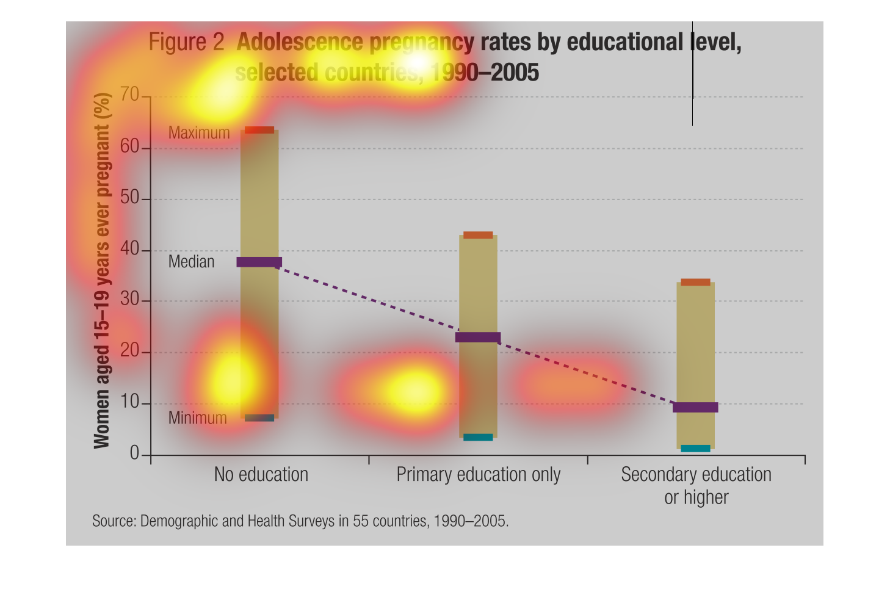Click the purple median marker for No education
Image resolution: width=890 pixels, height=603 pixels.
pyautogui.click(x=259, y=262)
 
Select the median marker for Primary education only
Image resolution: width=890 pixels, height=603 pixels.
pyautogui.click(x=478, y=338)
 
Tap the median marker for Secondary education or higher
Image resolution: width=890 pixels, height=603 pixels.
pyautogui.click(x=695, y=408)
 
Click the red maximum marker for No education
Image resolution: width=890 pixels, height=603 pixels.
pyautogui.click(x=259, y=130)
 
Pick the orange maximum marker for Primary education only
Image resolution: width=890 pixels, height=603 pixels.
pyautogui.click(x=478, y=235)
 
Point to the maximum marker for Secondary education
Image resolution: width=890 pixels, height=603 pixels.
pyautogui.click(x=695, y=282)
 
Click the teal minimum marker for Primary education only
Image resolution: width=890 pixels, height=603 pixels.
pyautogui.click(x=478, y=437)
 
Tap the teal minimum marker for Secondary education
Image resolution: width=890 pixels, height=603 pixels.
pyautogui.click(x=695, y=449)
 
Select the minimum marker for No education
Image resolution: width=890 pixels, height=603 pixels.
pyautogui.click(x=259, y=418)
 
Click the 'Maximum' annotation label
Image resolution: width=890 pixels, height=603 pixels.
pyautogui.click(x=199, y=133)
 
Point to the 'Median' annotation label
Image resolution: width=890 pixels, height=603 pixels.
pyautogui.click(x=192, y=262)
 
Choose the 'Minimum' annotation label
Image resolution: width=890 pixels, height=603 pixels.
pyautogui.click(x=198, y=418)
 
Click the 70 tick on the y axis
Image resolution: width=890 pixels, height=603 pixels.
pyautogui.click(x=130, y=95)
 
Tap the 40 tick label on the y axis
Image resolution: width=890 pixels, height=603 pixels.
pyautogui.click(x=130, y=250)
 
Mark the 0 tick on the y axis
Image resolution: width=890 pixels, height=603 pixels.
pyautogui.click(x=135, y=453)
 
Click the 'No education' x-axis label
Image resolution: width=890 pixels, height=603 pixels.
pyautogui.click(x=261, y=475)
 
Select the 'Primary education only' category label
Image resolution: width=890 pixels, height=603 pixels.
pyautogui.click(x=478, y=475)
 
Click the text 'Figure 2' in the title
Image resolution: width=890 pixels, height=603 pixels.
pyautogui.click(x=187, y=42)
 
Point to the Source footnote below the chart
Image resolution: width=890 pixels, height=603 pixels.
pyautogui.click(x=300, y=521)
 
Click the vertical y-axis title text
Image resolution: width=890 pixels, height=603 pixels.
pyautogui.click(x=102, y=270)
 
